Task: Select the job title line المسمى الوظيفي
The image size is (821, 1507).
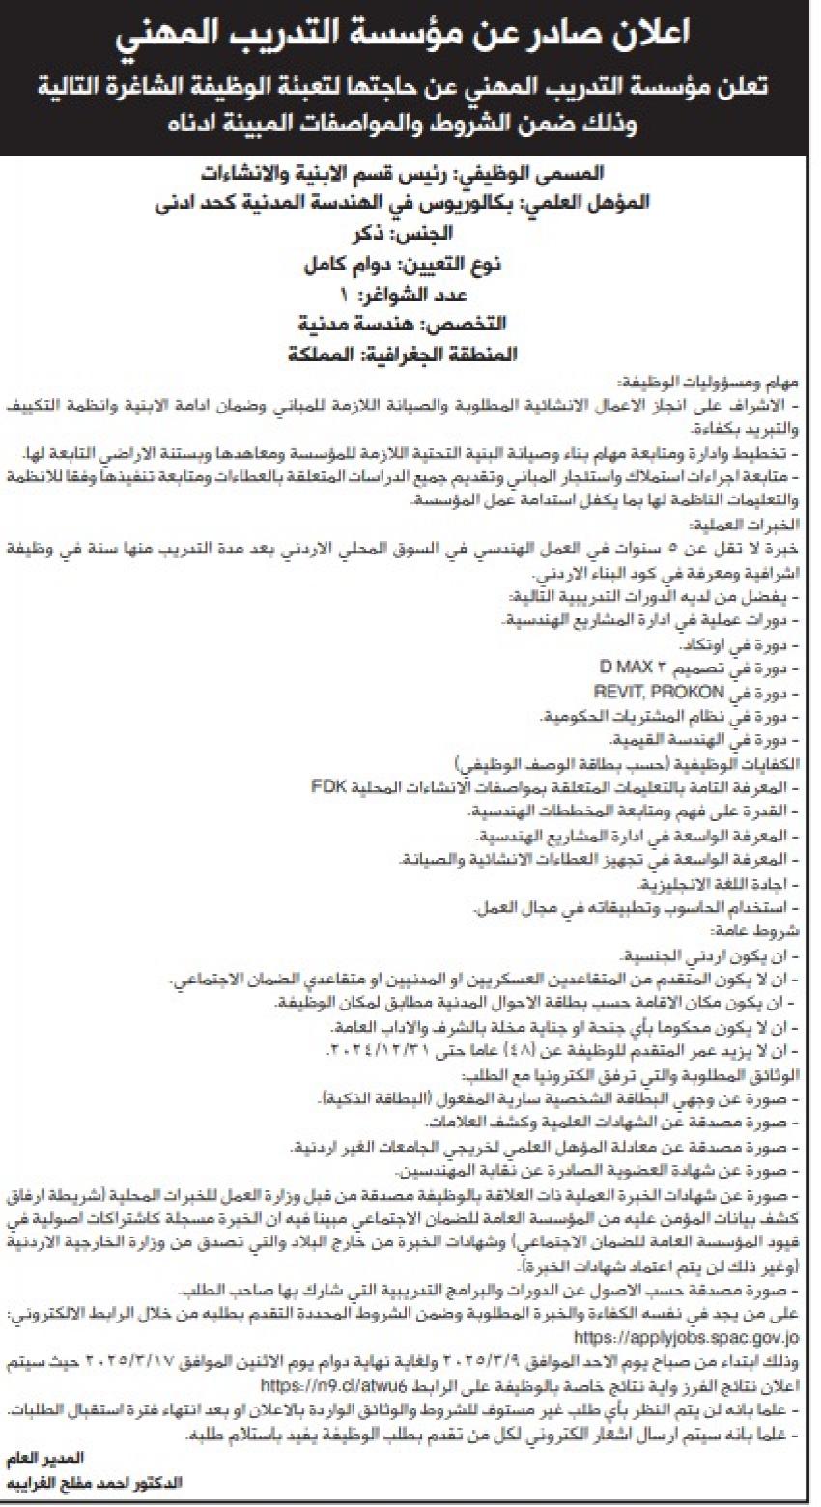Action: (x=410, y=176)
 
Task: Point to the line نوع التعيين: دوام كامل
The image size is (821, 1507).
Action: (x=410, y=263)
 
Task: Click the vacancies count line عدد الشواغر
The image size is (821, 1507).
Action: (x=410, y=293)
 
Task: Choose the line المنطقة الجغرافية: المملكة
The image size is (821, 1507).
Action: (x=410, y=353)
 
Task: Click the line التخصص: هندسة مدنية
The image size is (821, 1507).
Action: (x=410, y=323)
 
